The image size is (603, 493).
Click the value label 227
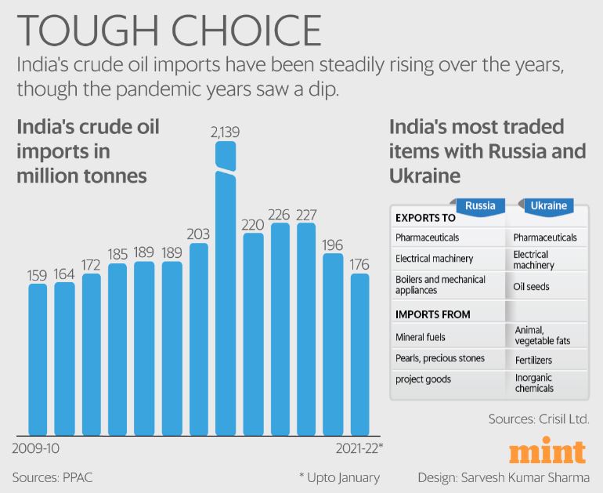tap(306, 214)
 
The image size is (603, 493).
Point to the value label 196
tap(334, 244)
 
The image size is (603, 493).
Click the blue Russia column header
tap(479, 206)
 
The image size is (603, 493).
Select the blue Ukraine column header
tap(548, 206)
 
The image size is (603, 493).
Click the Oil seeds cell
tap(532, 287)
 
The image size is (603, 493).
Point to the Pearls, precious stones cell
tap(440, 358)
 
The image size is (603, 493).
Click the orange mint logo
tap(547, 452)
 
